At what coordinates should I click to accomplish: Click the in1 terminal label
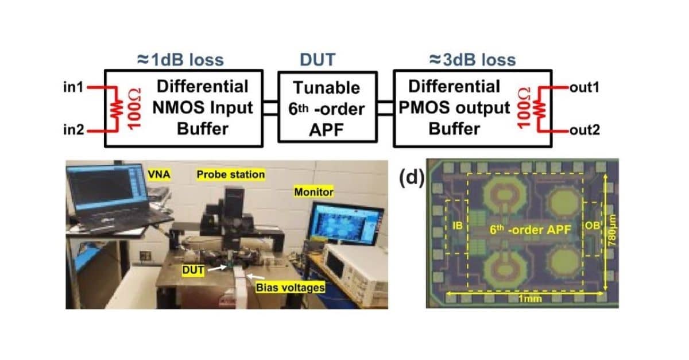[x=73, y=87]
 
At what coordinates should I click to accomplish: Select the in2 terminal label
[x=73, y=131]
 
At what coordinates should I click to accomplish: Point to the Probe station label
[x=230, y=174]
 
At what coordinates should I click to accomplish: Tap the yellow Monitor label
[x=313, y=192]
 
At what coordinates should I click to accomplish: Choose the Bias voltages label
[x=291, y=287]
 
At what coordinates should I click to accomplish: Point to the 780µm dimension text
[x=611, y=233]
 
